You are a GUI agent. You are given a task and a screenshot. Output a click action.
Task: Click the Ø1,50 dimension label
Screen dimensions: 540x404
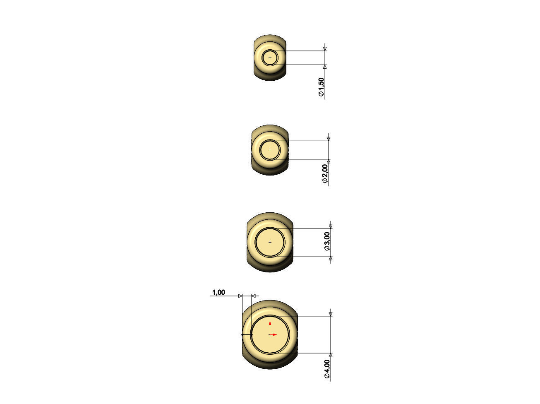pyautogui.click(x=321, y=87)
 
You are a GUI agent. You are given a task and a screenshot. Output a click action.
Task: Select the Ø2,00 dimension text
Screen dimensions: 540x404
pyautogui.click(x=325, y=173)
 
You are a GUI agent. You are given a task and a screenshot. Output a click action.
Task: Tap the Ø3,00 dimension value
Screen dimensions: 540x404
pyautogui.click(x=327, y=241)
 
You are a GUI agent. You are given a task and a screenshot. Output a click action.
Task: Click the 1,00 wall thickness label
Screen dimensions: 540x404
pyautogui.click(x=218, y=292)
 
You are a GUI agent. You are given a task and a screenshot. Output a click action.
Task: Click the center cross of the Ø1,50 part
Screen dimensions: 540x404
pyautogui.click(x=270, y=58)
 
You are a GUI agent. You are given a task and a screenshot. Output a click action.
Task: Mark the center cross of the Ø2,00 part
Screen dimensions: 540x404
pyautogui.click(x=270, y=150)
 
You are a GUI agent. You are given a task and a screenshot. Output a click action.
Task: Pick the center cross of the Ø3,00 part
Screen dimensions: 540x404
pyautogui.click(x=270, y=242)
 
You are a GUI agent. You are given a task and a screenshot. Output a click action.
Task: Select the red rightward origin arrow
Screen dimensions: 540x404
pyautogui.click(x=274, y=334)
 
